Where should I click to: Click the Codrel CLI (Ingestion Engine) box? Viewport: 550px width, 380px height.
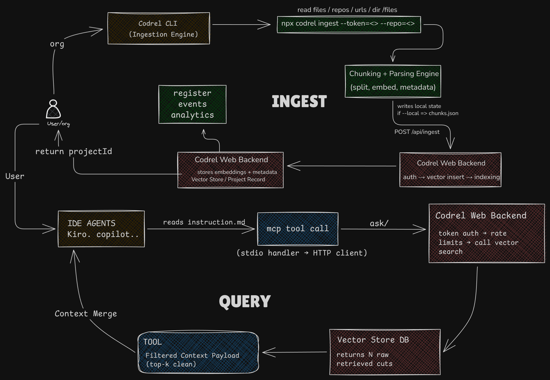click(159, 28)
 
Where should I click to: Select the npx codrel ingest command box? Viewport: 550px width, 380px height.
click(349, 25)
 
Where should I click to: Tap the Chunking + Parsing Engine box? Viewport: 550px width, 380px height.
click(393, 81)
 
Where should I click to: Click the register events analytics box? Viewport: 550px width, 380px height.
click(192, 104)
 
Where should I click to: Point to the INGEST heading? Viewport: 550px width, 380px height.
click(299, 102)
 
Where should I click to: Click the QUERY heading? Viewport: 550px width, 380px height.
click(245, 301)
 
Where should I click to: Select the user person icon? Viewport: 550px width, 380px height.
click(53, 109)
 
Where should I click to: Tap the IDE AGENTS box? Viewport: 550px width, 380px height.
click(101, 229)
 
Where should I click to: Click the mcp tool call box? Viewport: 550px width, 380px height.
click(298, 229)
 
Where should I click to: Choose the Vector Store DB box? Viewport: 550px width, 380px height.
click(385, 352)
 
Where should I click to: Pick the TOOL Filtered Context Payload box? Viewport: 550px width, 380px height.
click(198, 352)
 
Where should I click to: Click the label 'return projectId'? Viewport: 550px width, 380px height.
click(74, 152)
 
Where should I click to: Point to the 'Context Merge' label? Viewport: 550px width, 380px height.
click(86, 314)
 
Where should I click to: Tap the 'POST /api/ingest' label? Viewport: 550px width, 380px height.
click(417, 132)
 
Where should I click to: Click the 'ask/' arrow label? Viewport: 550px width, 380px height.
click(379, 224)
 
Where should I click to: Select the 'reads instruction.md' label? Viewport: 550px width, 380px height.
click(204, 222)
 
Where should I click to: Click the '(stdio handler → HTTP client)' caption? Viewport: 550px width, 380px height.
click(302, 253)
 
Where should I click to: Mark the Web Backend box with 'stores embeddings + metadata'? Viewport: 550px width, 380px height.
click(230, 170)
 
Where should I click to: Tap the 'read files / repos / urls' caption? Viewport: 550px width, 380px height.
click(347, 10)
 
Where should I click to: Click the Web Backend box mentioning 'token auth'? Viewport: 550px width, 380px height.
click(486, 233)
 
